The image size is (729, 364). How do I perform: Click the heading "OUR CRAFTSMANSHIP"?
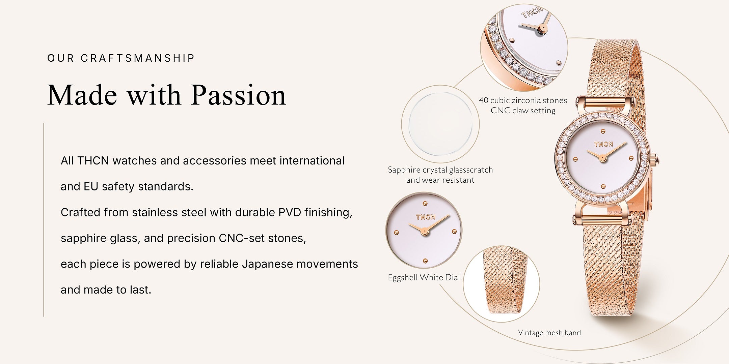121,58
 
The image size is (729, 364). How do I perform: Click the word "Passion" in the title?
239,95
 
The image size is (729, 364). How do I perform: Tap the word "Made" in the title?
82,95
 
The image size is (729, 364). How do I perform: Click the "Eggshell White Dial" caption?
424,277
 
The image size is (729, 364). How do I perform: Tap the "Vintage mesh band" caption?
549,333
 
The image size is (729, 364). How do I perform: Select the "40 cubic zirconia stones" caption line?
523,100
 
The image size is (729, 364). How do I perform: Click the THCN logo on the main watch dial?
603,144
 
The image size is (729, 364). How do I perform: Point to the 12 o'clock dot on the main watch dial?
603,131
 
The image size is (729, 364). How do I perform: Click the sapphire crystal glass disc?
440,123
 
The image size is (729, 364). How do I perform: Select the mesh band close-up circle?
501,284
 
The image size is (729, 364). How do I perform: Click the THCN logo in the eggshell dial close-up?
426,217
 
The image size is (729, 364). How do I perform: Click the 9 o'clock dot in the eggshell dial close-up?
397,233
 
